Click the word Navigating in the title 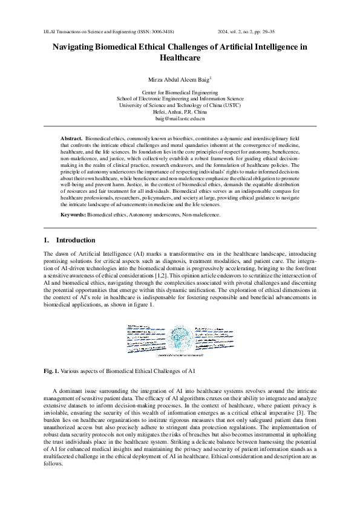(x=73, y=47)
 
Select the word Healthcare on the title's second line (x=180, y=59)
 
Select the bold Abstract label (x=72, y=139)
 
